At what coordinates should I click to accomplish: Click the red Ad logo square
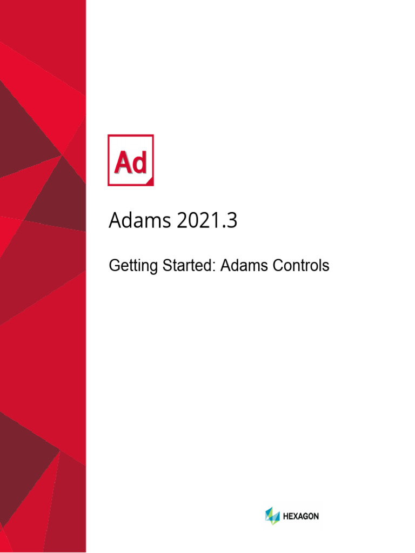pyautogui.click(x=131, y=160)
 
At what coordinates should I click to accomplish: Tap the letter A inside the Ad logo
pyautogui.click(x=122, y=162)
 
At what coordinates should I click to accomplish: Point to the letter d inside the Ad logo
pyautogui.click(x=139, y=162)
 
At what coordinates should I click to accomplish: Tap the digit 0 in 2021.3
pyautogui.click(x=193, y=221)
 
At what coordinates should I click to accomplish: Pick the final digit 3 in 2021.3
pyautogui.click(x=232, y=221)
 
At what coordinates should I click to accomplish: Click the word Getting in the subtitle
pyautogui.click(x=128, y=266)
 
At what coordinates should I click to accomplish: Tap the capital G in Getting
pyautogui.click(x=114, y=266)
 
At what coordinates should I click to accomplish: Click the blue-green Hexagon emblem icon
pyautogui.click(x=272, y=516)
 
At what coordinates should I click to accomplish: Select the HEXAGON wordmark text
pyautogui.click(x=301, y=516)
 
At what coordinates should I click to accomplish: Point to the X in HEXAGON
pyautogui.click(x=295, y=516)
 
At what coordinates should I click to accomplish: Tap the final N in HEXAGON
pyautogui.click(x=316, y=516)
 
